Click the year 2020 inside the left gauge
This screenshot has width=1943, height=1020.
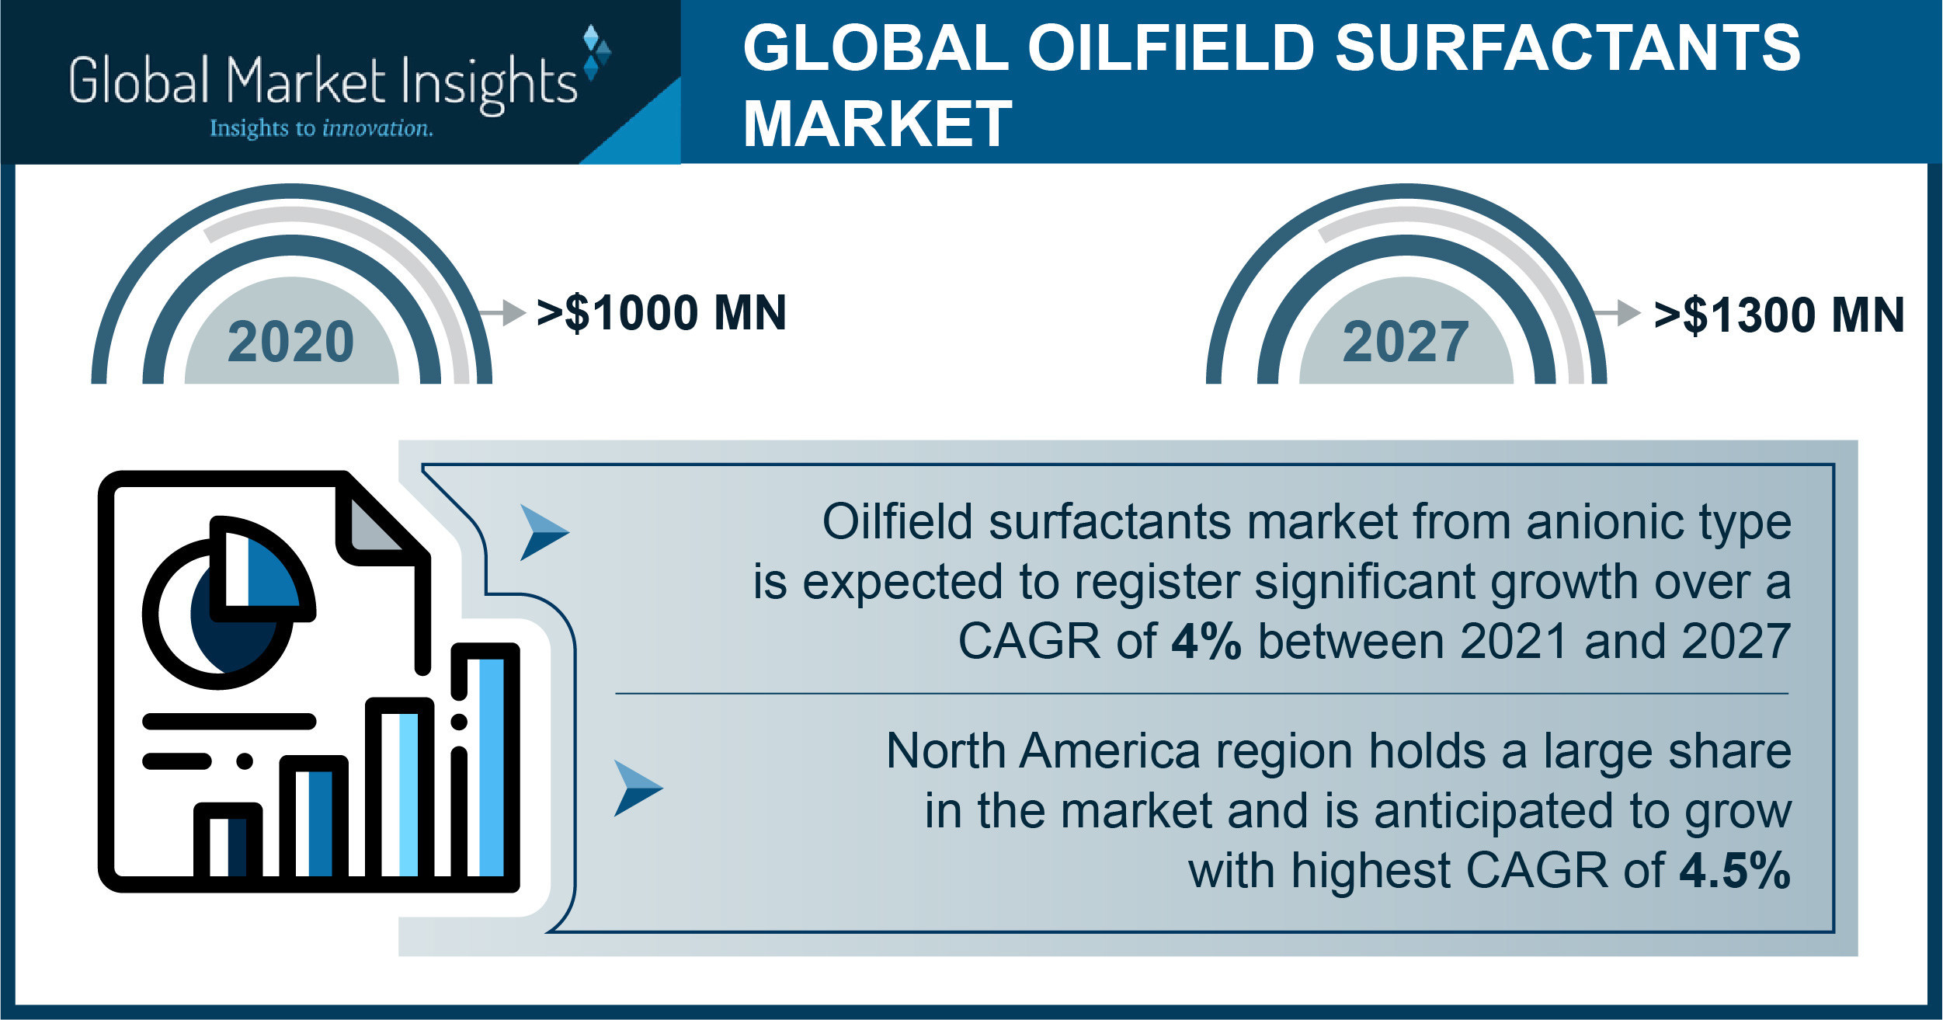click(290, 342)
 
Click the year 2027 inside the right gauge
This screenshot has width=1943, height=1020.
click(1406, 342)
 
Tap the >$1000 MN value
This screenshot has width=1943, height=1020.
click(662, 313)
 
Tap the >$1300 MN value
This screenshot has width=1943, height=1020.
click(1779, 315)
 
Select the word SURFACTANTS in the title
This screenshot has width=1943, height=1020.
click(1568, 47)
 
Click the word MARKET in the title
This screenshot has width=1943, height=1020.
click(878, 124)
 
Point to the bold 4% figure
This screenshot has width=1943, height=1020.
click(1206, 642)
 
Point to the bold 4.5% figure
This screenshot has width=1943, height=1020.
click(1735, 871)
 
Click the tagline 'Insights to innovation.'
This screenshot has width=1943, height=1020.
click(322, 128)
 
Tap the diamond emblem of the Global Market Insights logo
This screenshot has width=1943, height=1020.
click(596, 53)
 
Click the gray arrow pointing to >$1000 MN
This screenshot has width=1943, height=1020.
click(502, 313)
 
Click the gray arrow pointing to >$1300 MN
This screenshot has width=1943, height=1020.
click(1617, 313)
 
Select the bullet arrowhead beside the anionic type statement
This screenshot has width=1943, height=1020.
click(544, 533)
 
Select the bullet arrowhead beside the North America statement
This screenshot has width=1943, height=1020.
click(638, 788)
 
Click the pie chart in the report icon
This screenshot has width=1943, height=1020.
click(229, 602)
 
